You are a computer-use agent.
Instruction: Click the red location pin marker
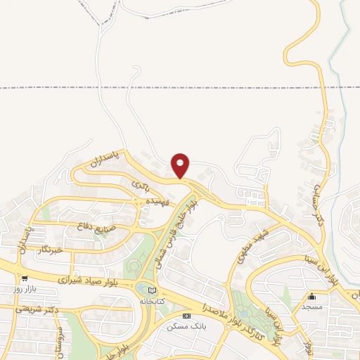coord(181,165)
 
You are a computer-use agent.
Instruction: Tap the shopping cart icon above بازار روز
coord(25,278)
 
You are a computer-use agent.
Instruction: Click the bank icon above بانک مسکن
coord(186,316)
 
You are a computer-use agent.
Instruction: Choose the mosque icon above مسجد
coord(311,297)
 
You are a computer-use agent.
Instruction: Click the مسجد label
coord(311,307)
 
